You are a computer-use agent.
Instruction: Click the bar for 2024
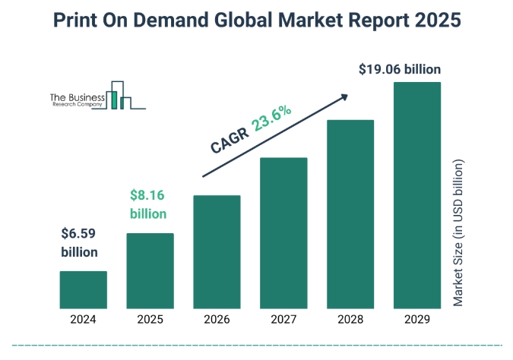coord(83,290)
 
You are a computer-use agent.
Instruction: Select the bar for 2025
coord(150,271)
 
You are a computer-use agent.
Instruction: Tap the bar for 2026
coord(217,252)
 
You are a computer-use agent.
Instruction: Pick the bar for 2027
coord(283,233)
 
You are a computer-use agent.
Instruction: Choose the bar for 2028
coord(350,214)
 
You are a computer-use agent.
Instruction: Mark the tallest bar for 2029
coord(417,195)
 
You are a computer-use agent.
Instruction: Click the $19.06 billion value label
coord(400,70)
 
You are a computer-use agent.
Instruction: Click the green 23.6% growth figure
coord(272,119)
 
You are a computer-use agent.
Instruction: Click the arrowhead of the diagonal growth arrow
coord(345,96)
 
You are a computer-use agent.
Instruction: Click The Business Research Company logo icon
coord(122,95)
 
